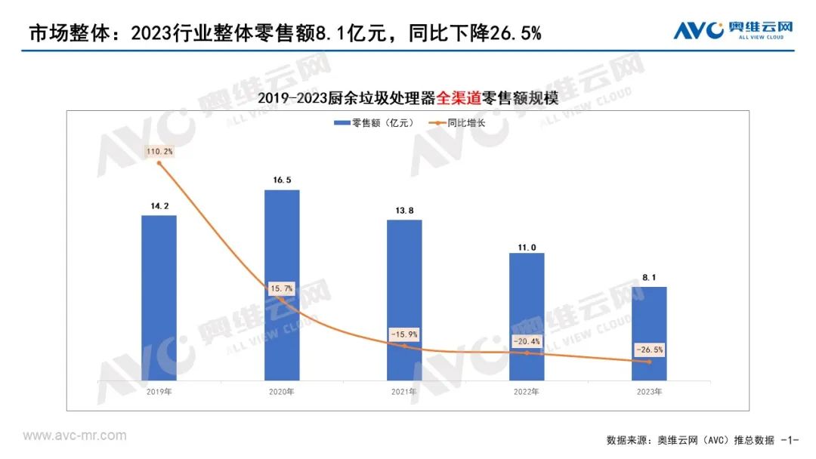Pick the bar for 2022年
(527, 316)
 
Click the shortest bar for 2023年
(649, 333)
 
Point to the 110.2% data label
(159, 152)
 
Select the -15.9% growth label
(404, 334)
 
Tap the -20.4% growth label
(527, 340)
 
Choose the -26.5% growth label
(649, 350)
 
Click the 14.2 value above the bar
(159, 205)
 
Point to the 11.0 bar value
(527, 247)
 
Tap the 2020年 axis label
(281, 392)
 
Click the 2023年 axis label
(649, 392)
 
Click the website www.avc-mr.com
(75, 436)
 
